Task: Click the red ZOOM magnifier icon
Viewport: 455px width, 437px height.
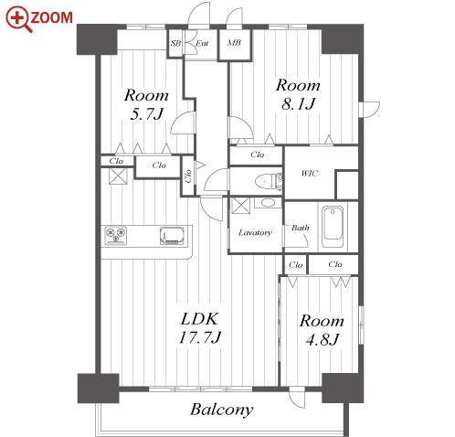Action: (18, 19)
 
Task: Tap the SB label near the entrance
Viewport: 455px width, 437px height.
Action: (175, 43)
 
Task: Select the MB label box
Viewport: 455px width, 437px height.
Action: (234, 43)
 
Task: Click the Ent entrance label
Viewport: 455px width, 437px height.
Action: (202, 43)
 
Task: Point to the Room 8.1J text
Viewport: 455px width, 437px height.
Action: (298, 94)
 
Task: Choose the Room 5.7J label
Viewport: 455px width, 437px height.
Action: (146, 105)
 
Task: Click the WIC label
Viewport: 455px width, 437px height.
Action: (310, 173)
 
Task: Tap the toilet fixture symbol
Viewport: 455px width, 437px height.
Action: (269, 182)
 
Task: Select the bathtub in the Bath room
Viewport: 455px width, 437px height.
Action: (333, 227)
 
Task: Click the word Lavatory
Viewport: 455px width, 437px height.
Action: (255, 233)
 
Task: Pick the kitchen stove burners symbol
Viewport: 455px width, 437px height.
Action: (116, 235)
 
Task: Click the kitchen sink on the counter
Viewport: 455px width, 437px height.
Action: (173, 235)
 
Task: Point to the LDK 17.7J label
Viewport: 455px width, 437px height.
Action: (200, 328)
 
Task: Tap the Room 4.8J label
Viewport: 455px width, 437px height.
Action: (322, 330)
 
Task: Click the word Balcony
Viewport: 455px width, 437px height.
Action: (222, 410)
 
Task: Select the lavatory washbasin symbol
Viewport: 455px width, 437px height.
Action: (268, 203)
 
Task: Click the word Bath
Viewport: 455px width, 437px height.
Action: (301, 228)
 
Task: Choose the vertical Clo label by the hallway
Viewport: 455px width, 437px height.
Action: (188, 176)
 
